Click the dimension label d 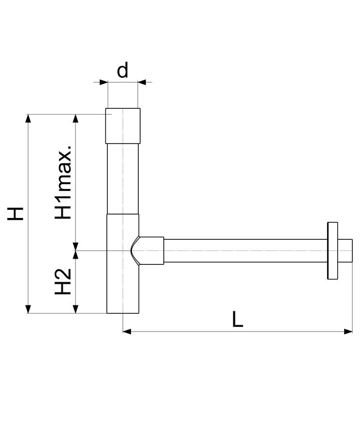click(122, 70)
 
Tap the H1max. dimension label click(63, 182)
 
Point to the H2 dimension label click(63, 281)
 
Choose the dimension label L click(237, 319)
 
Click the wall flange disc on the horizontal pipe click(332, 250)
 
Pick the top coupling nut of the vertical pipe click(123, 126)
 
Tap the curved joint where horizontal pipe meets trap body click(135, 250)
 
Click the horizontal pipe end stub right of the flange click(345, 250)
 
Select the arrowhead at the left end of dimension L click(127, 331)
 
